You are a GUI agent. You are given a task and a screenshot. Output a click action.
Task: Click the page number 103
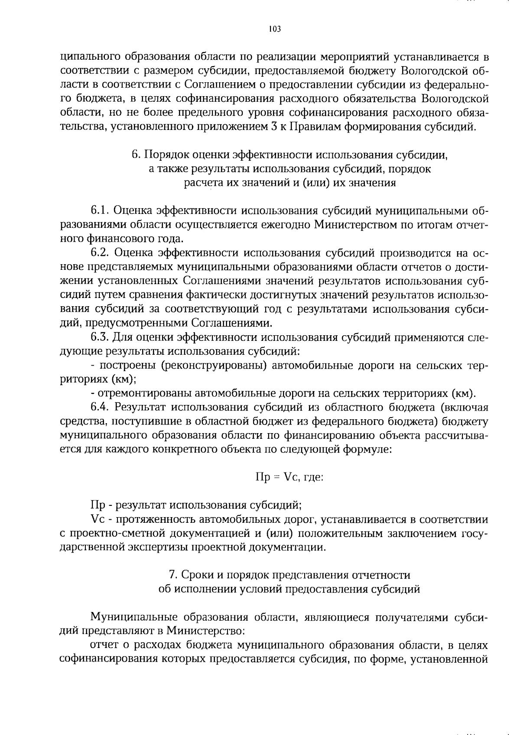(x=275, y=29)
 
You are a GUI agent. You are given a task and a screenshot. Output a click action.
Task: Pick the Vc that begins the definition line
(x=96, y=519)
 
